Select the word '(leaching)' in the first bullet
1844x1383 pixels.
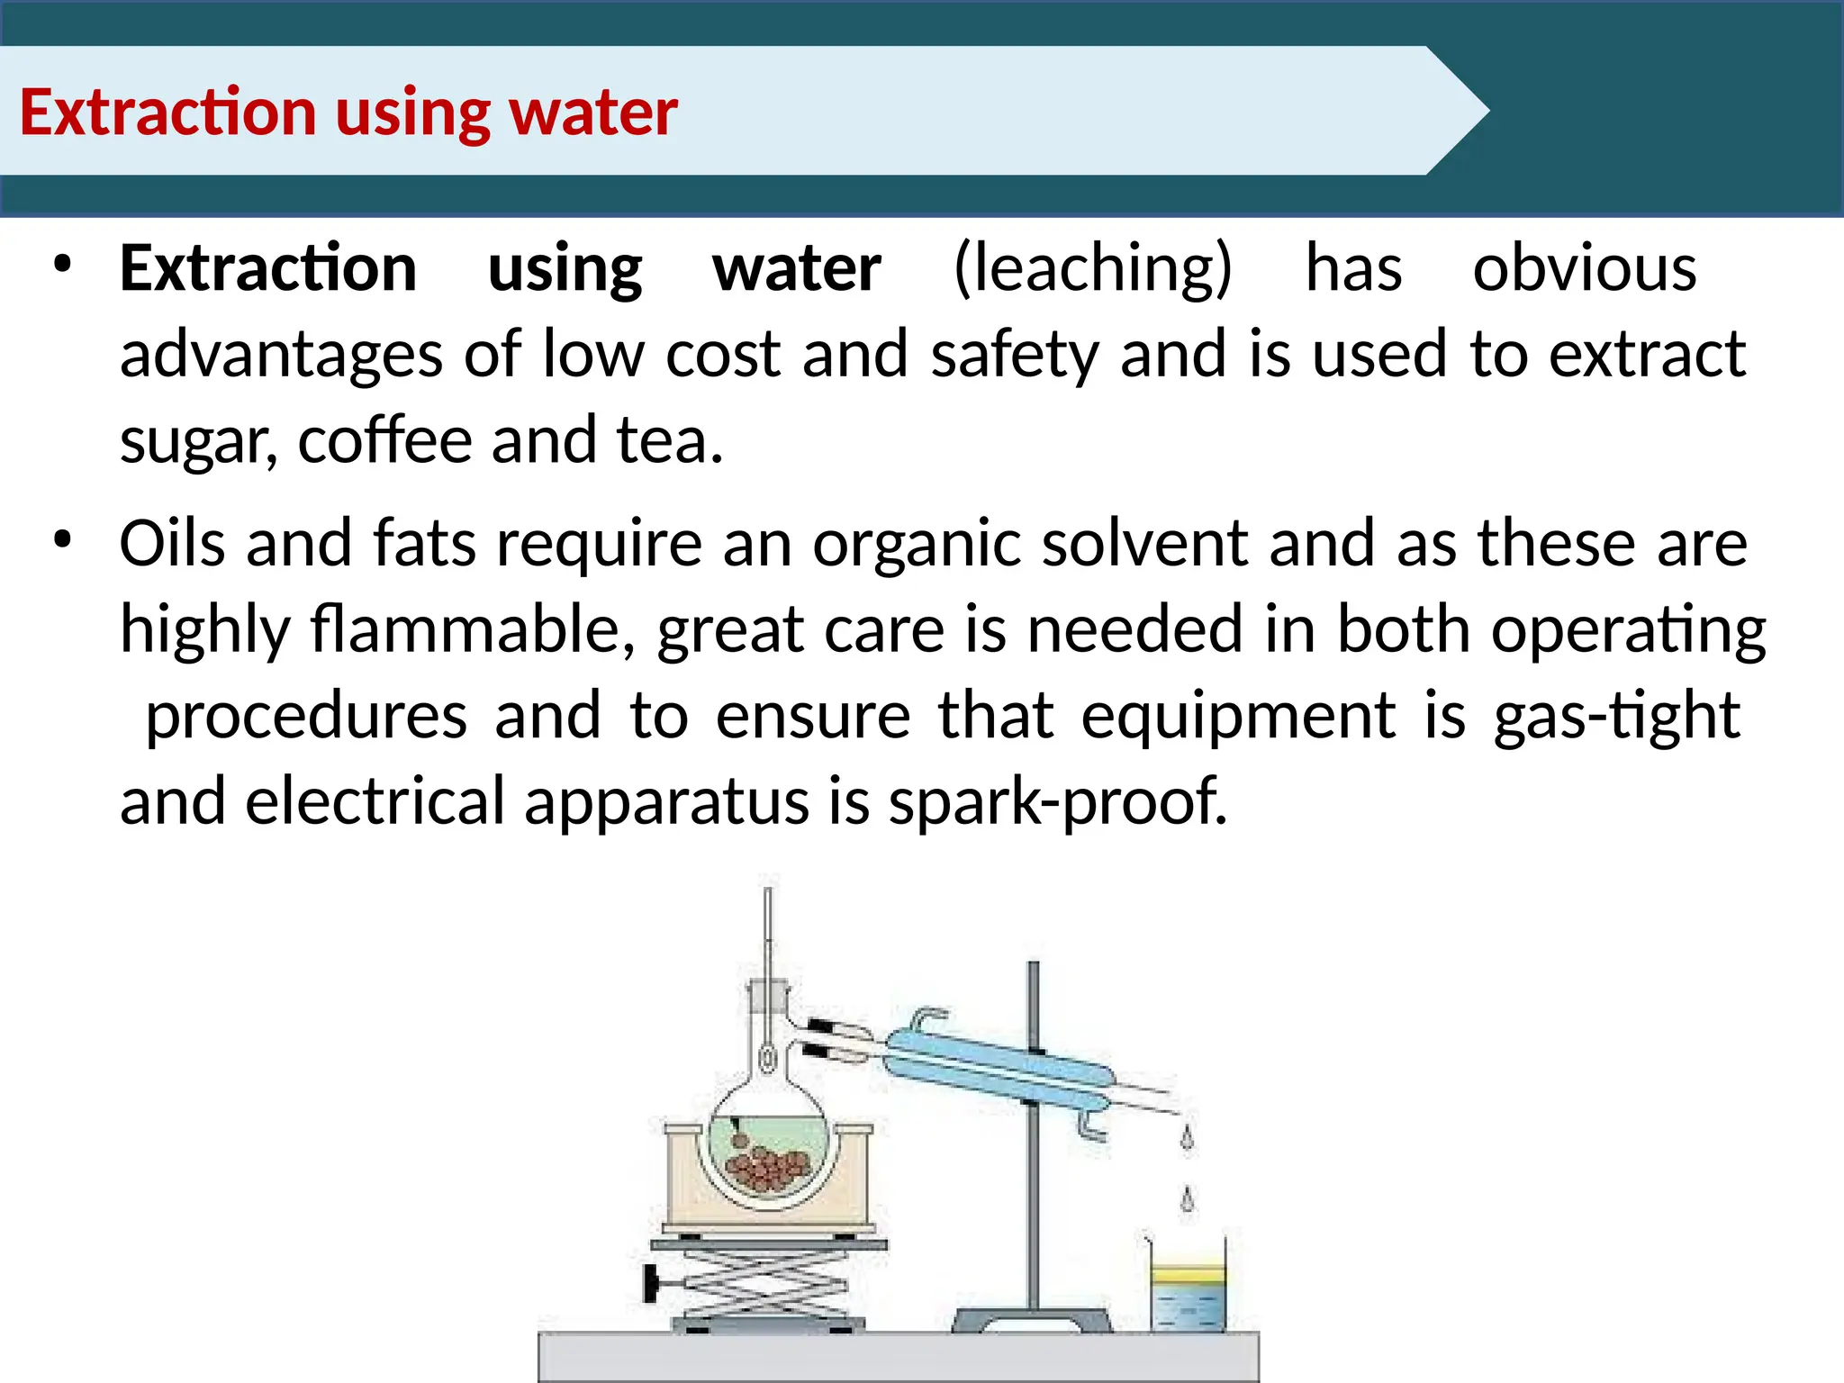pos(1092,268)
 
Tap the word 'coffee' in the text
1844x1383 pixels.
pos(384,440)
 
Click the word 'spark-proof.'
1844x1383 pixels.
pos(1057,801)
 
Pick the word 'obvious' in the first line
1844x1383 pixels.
pos(1584,268)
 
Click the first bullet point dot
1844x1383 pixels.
pos(61,265)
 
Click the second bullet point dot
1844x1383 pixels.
pos(61,540)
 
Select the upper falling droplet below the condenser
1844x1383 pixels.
pos(1187,1139)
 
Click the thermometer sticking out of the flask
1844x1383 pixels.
pos(768,936)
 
